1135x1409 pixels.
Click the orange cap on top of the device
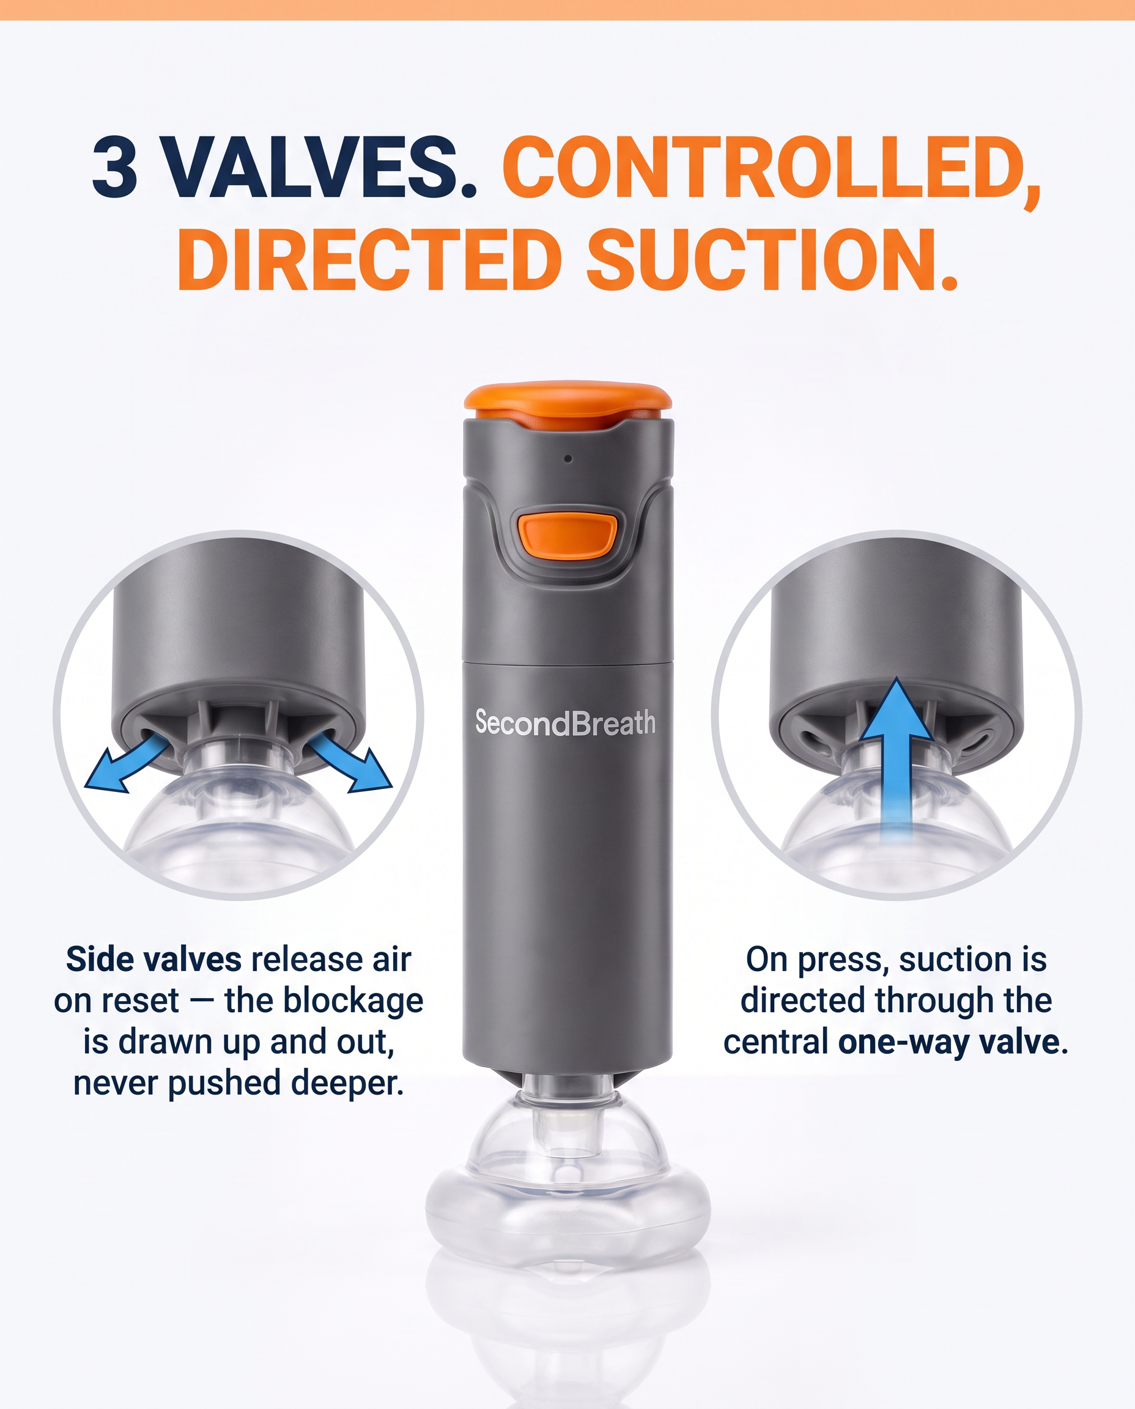(567, 404)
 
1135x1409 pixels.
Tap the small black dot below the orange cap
(568, 459)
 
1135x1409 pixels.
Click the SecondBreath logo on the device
(566, 722)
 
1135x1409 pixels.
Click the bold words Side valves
(153, 959)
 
